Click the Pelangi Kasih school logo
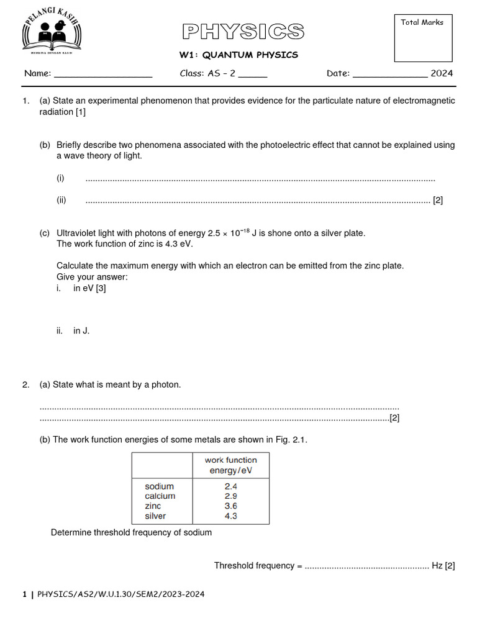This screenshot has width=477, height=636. (x=52, y=35)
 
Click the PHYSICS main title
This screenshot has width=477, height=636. (x=243, y=32)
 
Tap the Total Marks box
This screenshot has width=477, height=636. (x=422, y=39)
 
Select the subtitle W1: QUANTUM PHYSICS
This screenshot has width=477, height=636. (x=239, y=55)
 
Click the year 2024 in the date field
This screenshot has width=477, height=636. (x=442, y=73)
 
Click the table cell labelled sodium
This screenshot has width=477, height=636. (x=159, y=486)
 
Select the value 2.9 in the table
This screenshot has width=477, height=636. (x=231, y=496)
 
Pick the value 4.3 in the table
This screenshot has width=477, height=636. (x=231, y=516)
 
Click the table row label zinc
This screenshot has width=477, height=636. (x=153, y=506)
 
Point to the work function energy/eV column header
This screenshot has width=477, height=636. (x=231, y=465)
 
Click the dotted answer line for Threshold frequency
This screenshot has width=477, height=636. (x=367, y=566)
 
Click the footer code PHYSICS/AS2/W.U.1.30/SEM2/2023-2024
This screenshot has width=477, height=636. (x=120, y=594)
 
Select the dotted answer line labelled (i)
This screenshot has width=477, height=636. (x=260, y=179)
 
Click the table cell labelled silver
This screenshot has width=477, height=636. (x=155, y=516)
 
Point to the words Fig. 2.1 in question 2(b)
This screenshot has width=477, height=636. (x=291, y=440)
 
